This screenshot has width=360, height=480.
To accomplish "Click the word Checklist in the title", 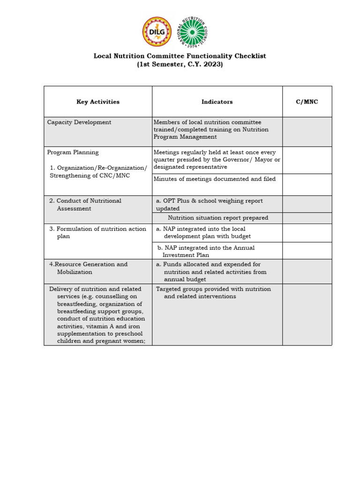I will click(249, 56).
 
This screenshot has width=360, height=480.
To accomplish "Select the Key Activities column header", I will click(98, 102).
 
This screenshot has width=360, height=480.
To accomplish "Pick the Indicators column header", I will click(217, 102).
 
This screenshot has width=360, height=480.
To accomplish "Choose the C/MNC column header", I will click(307, 102).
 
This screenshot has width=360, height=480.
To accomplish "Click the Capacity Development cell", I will click(79, 122).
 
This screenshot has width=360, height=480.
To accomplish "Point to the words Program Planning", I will click(73, 152).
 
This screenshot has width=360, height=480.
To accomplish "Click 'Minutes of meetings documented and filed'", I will click(215, 179).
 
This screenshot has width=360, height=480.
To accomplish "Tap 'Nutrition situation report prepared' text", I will click(218, 217).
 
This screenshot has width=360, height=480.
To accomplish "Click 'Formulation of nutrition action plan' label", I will click(91, 232).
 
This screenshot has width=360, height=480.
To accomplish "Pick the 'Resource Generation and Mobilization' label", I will click(89, 268).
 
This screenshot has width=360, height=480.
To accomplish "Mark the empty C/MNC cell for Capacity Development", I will click(307, 132).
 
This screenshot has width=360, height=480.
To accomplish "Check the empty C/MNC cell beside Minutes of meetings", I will click(307, 184).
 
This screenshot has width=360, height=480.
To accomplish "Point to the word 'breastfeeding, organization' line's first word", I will click(77, 304).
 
